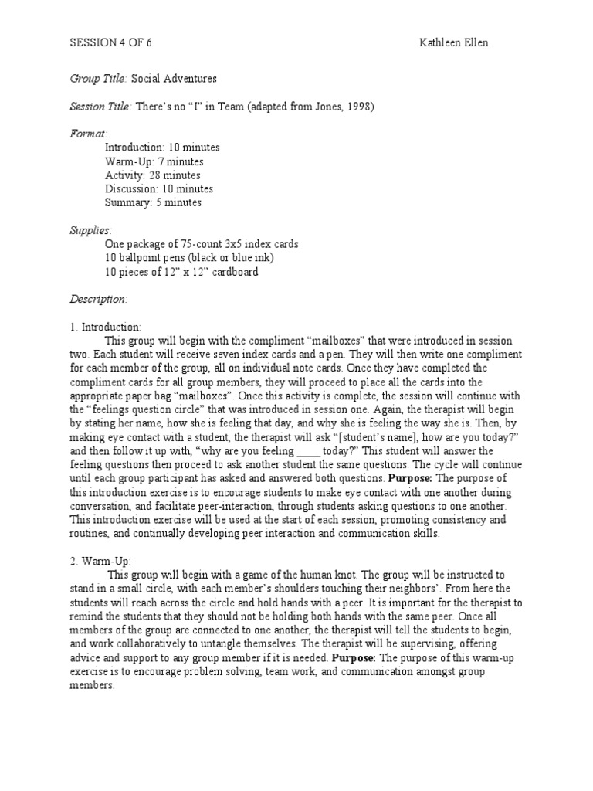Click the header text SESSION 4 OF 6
(x=110, y=43)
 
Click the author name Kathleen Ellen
(x=454, y=43)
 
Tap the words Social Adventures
(x=174, y=79)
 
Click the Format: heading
(x=89, y=134)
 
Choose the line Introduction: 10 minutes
(x=161, y=148)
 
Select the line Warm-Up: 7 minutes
(x=154, y=161)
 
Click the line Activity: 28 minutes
(x=153, y=175)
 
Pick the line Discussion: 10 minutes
(x=158, y=189)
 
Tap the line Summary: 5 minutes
(x=153, y=203)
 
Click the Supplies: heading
(x=91, y=230)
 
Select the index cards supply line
(x=202, y=244)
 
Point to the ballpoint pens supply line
(x=189, y=258)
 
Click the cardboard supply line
(x=181, y=272)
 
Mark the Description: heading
(x=99, y=300)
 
